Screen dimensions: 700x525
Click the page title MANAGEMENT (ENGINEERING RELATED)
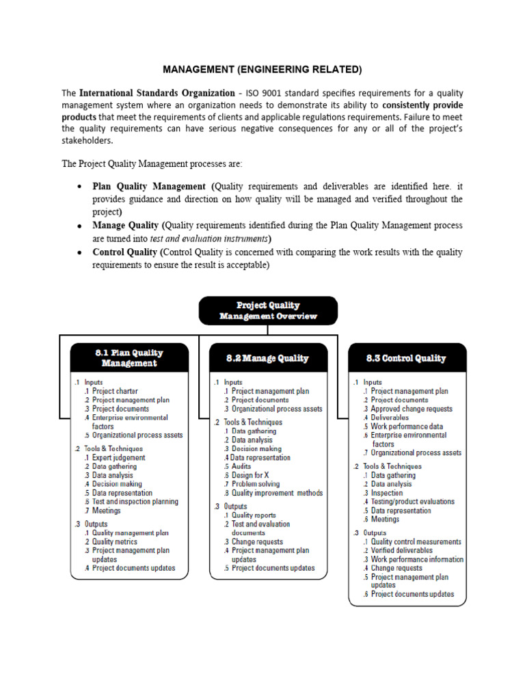pyautogui.click(x=262, y=69)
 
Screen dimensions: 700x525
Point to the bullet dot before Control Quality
pyautogui.click(x=80, y=252)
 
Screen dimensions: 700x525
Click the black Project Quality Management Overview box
pyautogui.click(x=268, y=310)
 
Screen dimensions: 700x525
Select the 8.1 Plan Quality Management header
pyautogui.click(x=129, y=358)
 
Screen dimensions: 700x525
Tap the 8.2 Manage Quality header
pyautogui.click(x=267, y=358)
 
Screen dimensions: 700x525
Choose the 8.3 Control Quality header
pyautogui.click(x=407, y=358)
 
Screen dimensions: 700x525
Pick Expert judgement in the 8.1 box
pyautogui.click(x=119, y=457)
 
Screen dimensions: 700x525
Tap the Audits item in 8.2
pyautogui.click(x=243, y=466)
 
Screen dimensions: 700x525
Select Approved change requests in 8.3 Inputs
pyautogui.click(x=411, y=409)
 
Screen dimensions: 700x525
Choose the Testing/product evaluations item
pyautogui.click(x=412, y=501)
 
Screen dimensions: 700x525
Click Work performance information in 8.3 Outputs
pyautogui.click(x=416, y=559)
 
